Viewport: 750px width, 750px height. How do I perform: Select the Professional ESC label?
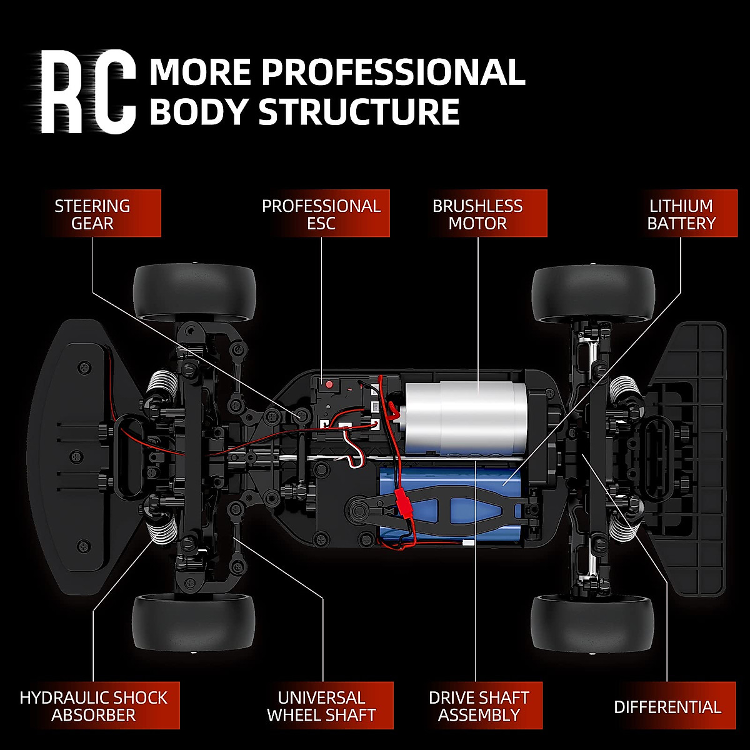(321, 214)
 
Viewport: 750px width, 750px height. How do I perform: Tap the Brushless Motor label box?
(478, 214)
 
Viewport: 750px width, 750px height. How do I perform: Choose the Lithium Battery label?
(681, 214)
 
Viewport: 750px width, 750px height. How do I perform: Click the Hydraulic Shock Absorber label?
(94, 706)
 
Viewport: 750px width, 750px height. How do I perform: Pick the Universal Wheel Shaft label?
(322, 706)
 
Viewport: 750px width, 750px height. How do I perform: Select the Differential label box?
(667, 707)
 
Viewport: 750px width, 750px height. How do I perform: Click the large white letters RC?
(88, 94)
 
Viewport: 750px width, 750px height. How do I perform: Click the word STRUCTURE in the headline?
(359, 112)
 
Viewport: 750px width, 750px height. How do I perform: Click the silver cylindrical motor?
(466, 417)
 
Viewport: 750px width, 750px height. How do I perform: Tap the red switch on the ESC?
(326, 384)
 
